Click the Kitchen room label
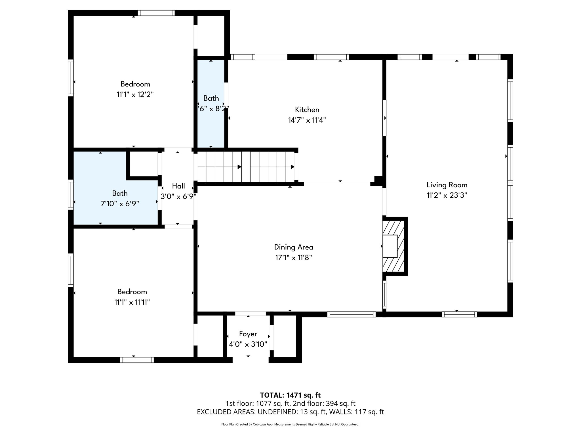[307, 110]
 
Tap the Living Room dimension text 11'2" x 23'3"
[447, 195]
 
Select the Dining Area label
[294, 247]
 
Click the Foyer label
[248, 334]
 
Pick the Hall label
[178, 186]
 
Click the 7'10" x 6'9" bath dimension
[120, 204]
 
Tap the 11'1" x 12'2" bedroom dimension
[135, 95]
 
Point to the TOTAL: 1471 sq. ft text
[290, 395]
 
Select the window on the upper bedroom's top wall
[156, 13]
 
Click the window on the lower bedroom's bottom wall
[137, 360]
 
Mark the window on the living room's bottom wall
[459, 314]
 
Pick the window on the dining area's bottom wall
[351, 314]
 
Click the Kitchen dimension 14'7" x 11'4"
[307, 120]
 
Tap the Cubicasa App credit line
[290, 424]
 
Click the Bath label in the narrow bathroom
[211, 98]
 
